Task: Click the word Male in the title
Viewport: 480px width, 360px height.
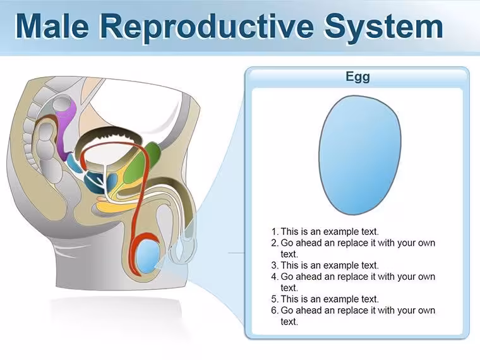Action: coord(52,26)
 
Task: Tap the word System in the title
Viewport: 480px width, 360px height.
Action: coord(384,27)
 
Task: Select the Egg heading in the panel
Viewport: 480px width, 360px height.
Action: coord(357,76)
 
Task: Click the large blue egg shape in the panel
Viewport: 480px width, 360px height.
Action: coord(360,155)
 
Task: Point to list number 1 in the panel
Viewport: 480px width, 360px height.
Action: coord(275,231)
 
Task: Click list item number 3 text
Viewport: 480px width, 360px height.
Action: coord(330,265)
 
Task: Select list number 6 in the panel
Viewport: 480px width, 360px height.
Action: coord(275,310)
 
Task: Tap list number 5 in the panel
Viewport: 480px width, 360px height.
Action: coord(275,299)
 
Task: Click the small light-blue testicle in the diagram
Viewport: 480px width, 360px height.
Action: coord(148,256)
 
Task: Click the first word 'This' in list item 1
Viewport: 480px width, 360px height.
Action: coord(289,231)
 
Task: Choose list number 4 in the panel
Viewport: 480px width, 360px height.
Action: coord(275,277)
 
